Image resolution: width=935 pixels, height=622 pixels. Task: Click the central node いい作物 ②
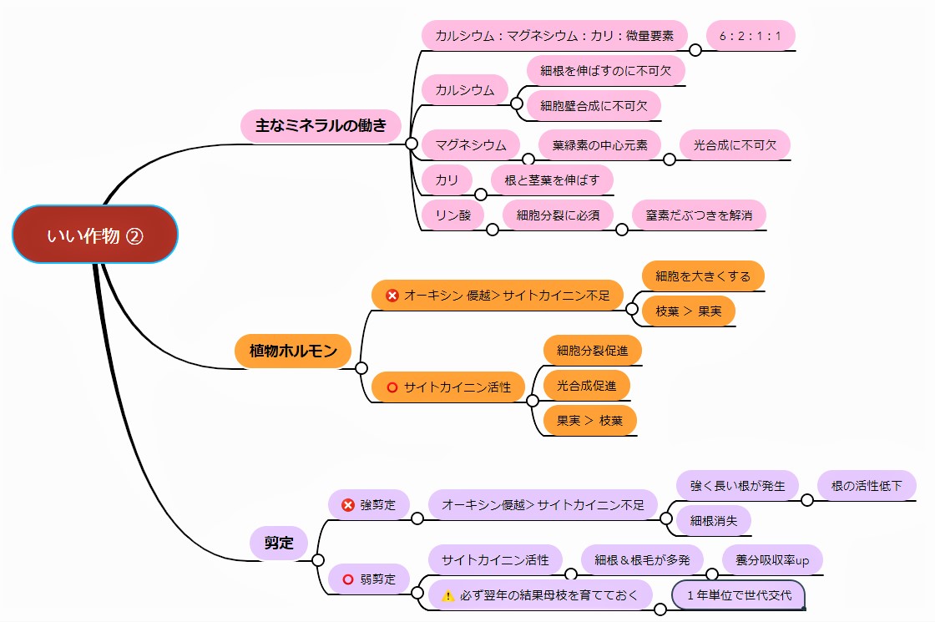click(x=95, y=235)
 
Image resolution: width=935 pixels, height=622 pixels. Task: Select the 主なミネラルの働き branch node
click(x=321, y=126)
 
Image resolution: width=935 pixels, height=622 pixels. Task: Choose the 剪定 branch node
click(x=280, y=543)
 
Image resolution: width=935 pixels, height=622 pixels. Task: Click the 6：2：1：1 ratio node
click(x=751, y=36)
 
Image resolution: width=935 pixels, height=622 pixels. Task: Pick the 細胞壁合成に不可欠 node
click(x=594, y=105)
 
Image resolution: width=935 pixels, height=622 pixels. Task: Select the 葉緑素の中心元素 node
click(x=599, y=144)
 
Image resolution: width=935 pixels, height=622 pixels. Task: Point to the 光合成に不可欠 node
click(x=735, y=144)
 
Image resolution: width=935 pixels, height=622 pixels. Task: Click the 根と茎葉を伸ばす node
click(x=552, y=180)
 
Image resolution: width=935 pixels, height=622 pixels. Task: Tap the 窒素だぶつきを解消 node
click(x=699, y=215)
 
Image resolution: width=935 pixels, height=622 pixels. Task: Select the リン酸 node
click(x=453, y=215)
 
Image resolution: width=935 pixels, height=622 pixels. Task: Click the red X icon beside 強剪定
click(x=349, y=505)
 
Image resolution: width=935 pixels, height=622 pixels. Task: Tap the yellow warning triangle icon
click(x=447, y=595)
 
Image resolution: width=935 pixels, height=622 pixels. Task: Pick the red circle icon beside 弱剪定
click(x=349, y=579)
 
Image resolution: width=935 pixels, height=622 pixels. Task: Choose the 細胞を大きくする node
click(x=703, y=276)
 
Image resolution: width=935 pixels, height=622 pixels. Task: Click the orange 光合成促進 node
click(x=586, y=385)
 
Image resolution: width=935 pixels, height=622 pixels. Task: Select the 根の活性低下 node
click(x=867, y=485)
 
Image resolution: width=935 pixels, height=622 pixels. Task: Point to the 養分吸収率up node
click(x=772, y=559)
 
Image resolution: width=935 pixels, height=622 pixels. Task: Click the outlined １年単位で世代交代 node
click(x=737, y=595)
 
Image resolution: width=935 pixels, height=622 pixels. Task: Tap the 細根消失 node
click(x=714, y=520)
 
